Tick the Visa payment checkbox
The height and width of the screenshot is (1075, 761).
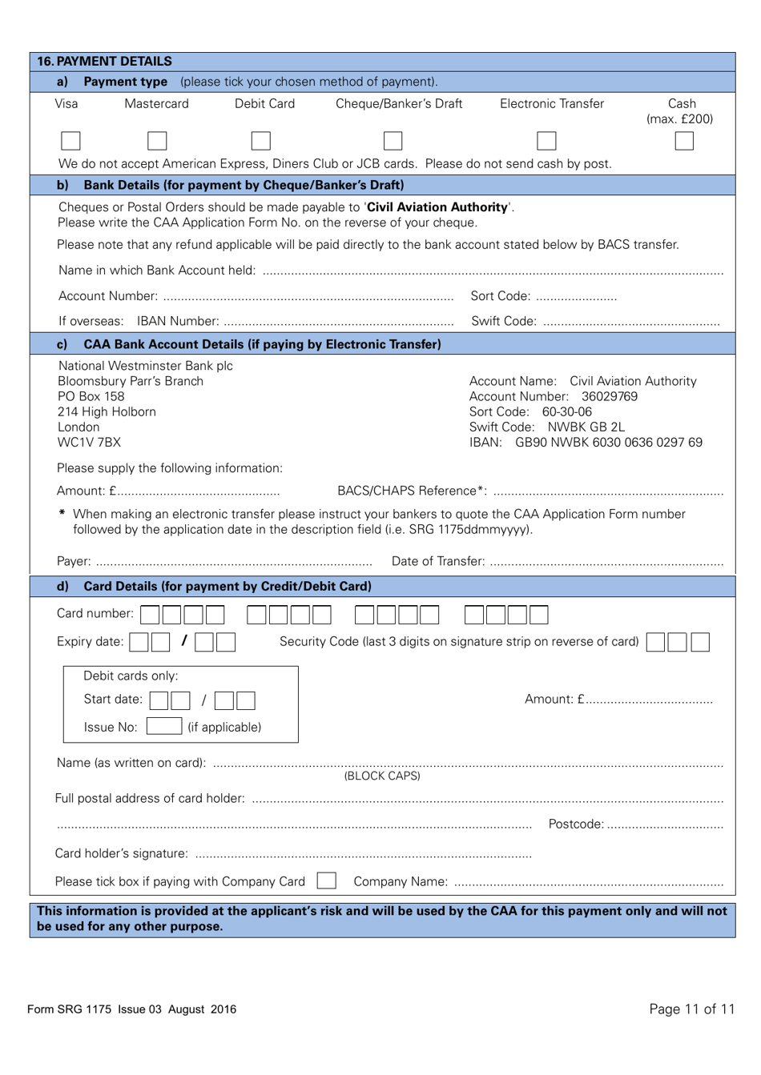tap(70, 141)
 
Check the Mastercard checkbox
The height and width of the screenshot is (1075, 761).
tap(157, 141)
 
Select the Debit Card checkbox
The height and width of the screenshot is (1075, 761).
tap(260, 141)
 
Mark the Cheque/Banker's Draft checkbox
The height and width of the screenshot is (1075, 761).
tap(393, 141)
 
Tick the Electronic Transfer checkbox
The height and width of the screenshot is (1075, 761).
tap(546, 141)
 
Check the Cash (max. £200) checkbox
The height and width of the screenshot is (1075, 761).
tap(683, 141)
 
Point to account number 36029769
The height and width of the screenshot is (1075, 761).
tap(610, 396)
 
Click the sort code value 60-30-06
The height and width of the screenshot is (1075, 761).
tap(567, 411)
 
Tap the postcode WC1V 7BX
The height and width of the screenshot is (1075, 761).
tap(89, 442)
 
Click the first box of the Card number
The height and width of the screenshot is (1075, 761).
tap(150, 615)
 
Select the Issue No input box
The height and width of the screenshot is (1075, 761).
tap(164, 726)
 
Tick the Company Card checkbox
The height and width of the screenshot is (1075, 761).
tap(326, 880)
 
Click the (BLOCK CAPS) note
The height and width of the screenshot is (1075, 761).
tap(382, 776)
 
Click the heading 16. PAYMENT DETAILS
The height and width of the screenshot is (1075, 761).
tap(104, 61)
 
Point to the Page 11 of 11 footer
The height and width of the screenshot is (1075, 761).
tap(691, 1009)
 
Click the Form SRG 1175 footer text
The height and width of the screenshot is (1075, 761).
tap(131, 1009)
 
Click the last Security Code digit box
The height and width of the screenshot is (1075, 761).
tap(699, 642)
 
